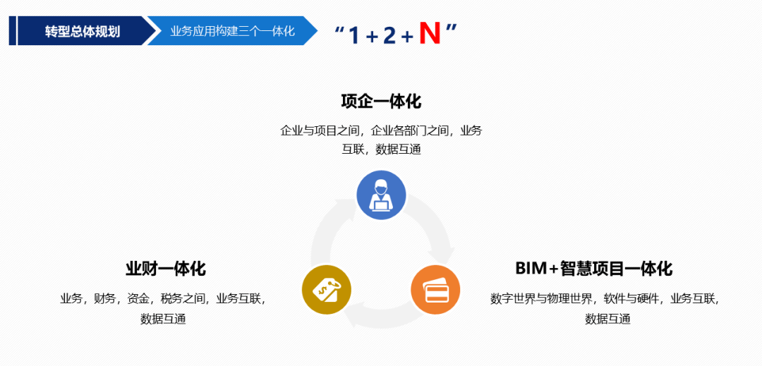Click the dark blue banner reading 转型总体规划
[82, 31]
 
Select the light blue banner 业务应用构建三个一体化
[232, 31]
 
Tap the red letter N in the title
[429, 33]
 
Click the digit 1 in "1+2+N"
[354, 35]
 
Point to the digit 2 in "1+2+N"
[389, 35]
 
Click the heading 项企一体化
[381, 102]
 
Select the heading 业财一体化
[166, 269]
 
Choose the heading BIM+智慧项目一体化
[593, 269]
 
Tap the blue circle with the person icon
[381, 195]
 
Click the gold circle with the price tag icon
[327, 289]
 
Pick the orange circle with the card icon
[435, 289]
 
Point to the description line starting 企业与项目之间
[381, 130]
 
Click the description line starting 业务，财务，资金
[163, 298]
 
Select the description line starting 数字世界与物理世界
[605, 298]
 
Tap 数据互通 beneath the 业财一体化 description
[163, 319]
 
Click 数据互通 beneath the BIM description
[607, 319]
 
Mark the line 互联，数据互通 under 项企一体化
[381, 150]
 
